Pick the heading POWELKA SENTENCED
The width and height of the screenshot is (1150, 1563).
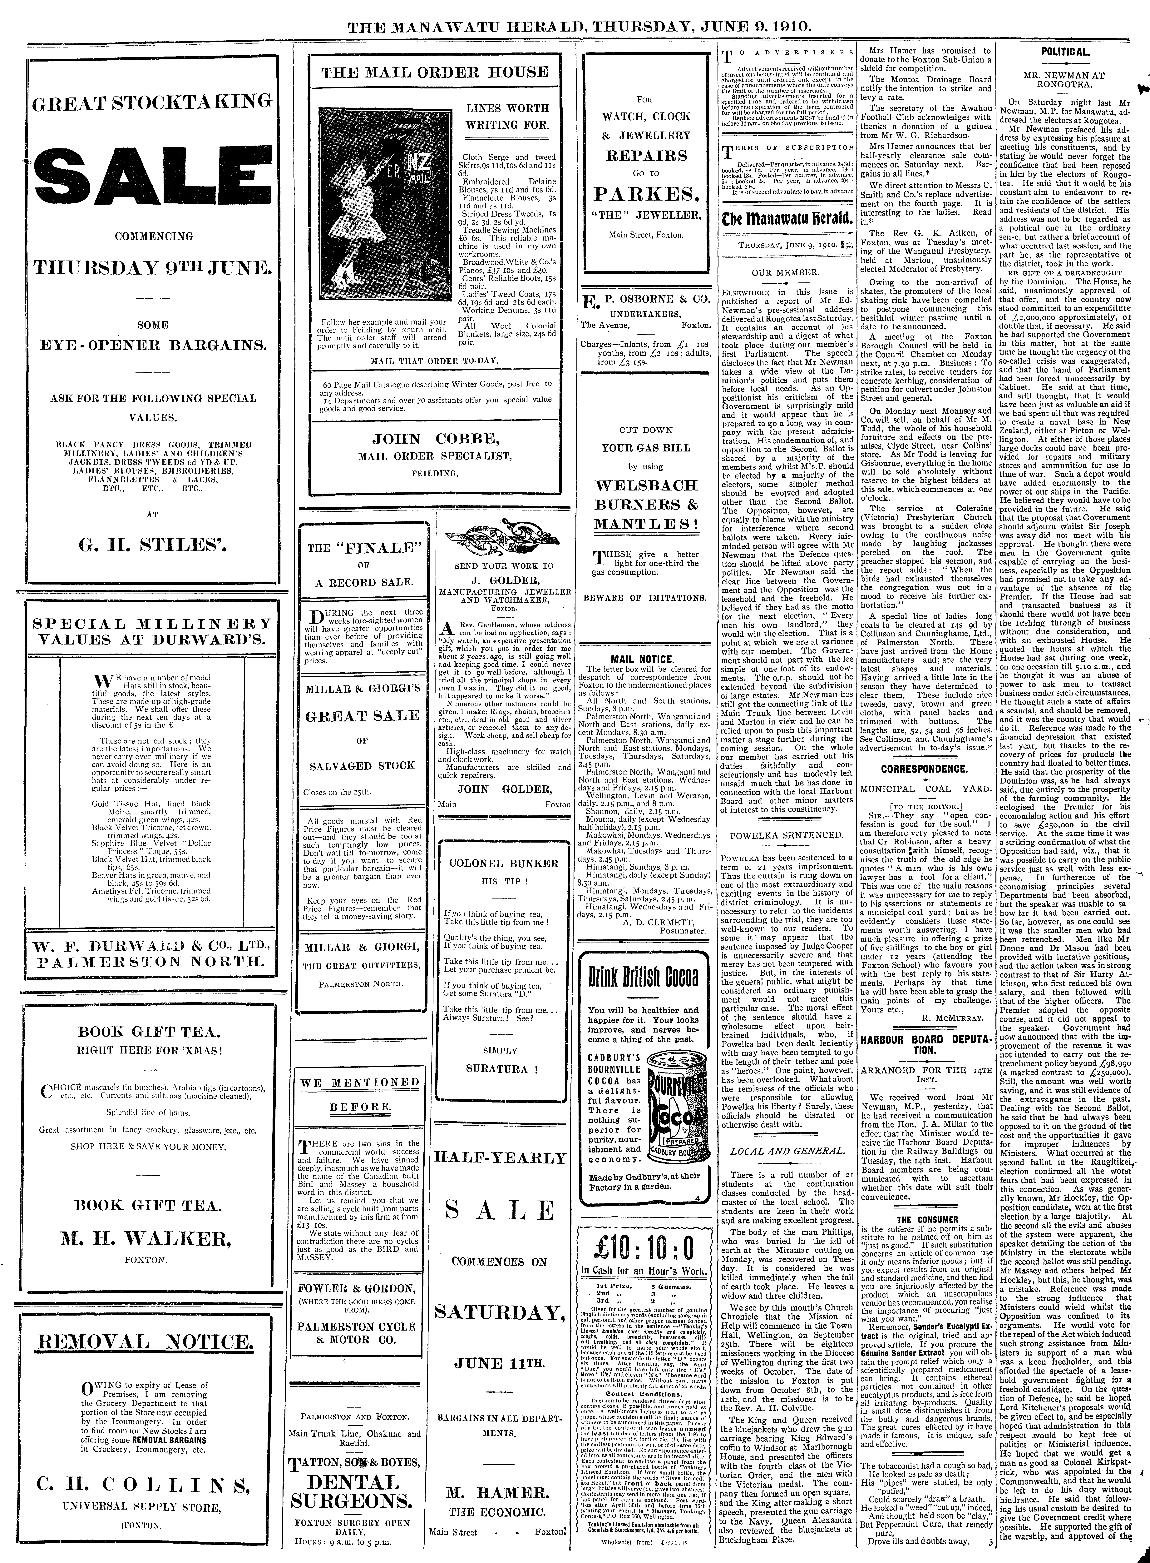787,835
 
